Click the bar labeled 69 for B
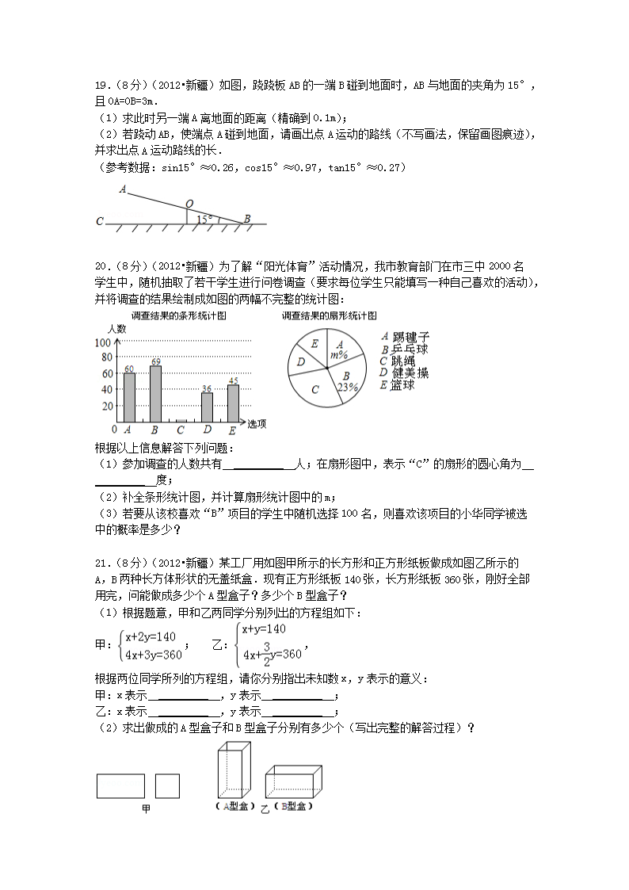coord(155,394)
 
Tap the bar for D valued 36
coord(207,407)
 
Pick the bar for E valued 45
coord(233,403)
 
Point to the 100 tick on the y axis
coord(102,343)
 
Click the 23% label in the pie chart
coord(348,387)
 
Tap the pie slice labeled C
coord(315,389)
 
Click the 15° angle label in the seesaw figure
coord(204,218)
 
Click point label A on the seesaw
coord(123,189)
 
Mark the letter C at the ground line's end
coord(99,222)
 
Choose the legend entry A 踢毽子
coord(404,338)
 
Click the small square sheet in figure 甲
coord(167,785)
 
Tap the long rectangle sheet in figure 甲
coord(120,785)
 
